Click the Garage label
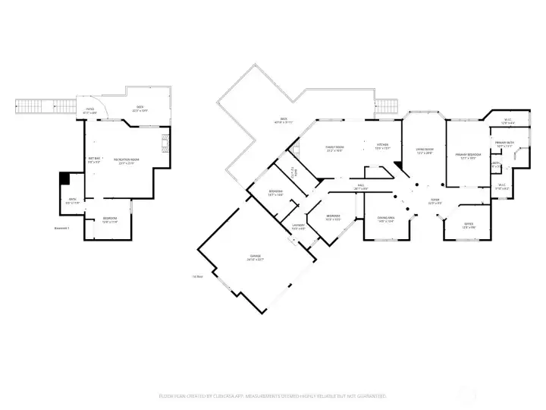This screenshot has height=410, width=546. click(x=255, y=258)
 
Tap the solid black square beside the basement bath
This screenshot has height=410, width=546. click(x=64, y=178)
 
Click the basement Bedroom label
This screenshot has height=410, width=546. click(x=110, y=221)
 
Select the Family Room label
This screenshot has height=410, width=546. click(x=334, y=149)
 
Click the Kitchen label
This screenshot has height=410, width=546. click(x=383, y=147)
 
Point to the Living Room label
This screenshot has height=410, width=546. click(x=424, y=151)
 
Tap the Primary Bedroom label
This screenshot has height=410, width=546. click(x=465, y=156)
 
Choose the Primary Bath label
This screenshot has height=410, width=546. click(x=505, y=144)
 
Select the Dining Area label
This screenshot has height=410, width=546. click(x=386, y=220)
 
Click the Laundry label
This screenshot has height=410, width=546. click(x=299, y=226)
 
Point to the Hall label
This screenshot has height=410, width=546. click(x=362, y=187)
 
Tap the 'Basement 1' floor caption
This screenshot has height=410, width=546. click(x=62, y=228)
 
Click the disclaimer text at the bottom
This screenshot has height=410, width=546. click(x=273, y=396)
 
